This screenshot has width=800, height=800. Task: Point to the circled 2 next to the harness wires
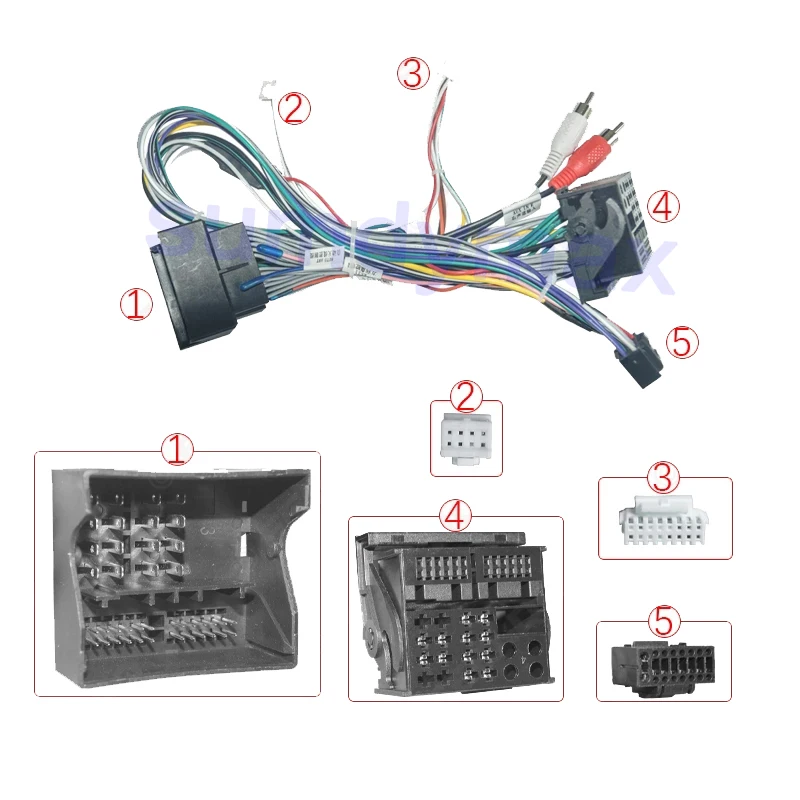293,108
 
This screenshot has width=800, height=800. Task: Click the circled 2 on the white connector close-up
465,398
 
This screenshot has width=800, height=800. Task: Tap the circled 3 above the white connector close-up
664,477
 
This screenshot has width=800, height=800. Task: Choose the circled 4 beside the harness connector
662,207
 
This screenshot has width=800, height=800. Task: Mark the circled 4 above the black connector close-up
456,516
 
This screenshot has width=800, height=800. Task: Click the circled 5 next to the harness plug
681,342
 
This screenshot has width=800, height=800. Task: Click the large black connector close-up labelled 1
177,580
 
